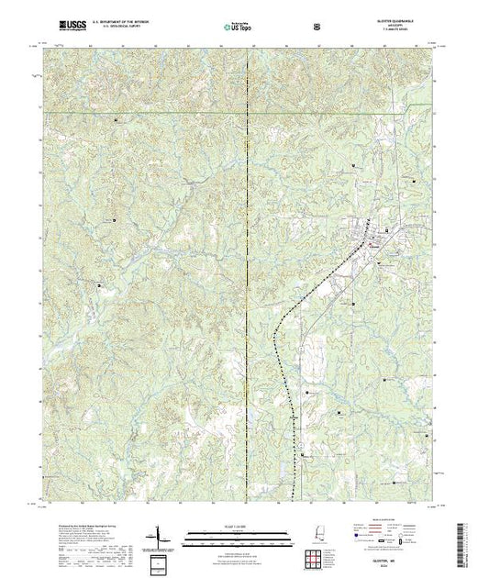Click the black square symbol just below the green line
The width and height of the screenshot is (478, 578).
point(116,120)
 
